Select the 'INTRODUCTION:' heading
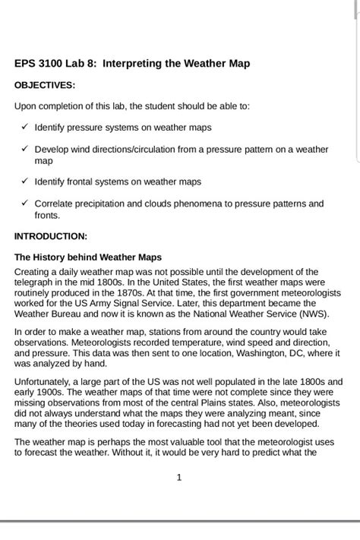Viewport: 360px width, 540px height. click(x=51, y=236)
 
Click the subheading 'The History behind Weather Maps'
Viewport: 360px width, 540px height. click(x=88, y=257)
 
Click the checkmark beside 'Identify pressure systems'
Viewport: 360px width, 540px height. click(x=25, y=127)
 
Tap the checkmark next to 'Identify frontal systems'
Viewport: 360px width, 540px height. click(x=25, y=182)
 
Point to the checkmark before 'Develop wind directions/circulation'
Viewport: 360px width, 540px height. click(x=25, y=149)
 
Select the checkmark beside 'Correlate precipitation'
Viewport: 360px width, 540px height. click(x=25, y=204)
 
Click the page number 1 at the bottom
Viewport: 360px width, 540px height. click(x=178, y=478)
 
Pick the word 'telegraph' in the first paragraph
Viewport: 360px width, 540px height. click(x=35, y=282)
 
